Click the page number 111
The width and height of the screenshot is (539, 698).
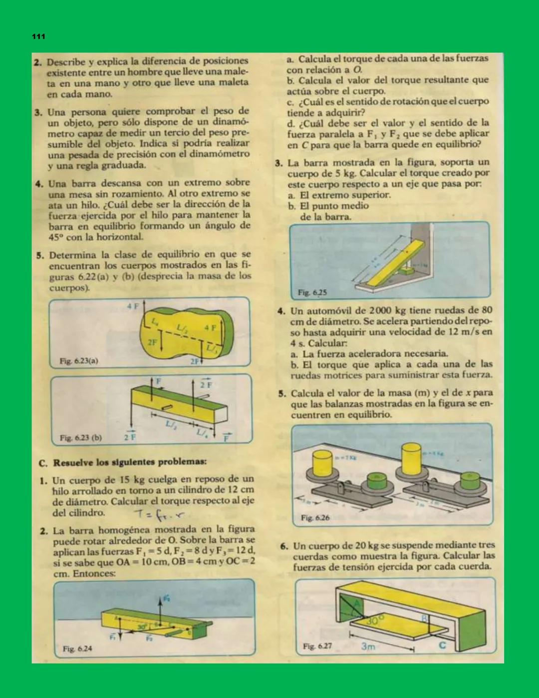click(x=38, y=36)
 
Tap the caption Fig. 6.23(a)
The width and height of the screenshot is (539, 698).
click(x=79, y=361)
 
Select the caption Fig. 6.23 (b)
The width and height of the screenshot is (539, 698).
click(x=81, y=438)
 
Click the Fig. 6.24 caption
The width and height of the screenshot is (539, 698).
click(x=77, y=649)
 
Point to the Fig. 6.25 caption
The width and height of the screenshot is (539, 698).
click(x=312, y=292)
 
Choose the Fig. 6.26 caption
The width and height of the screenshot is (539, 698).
click(x=315, y=518)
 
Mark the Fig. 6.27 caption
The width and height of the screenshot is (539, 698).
click(x=317, y=646)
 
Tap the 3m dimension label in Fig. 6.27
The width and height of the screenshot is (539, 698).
click(x=368, y=647)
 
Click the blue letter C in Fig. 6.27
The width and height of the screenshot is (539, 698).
click(x=442, y=645)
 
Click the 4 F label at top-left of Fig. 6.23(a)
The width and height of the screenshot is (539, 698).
click(x=133, y=306)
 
